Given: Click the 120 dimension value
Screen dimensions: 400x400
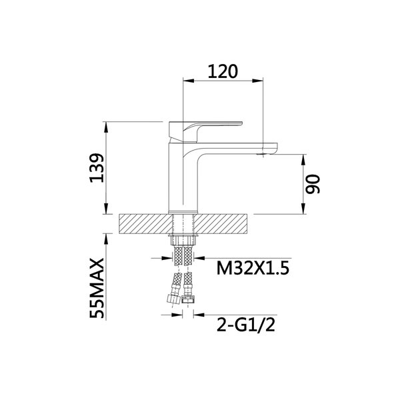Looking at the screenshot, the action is [x=223, y=71].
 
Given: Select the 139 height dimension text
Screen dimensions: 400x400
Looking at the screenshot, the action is [x=97, y=168].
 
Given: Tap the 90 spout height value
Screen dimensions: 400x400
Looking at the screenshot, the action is [x=313, y=184].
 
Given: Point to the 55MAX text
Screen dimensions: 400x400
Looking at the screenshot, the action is [x=97, y=288].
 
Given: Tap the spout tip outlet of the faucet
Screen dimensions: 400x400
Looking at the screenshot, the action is [x=263, y=154].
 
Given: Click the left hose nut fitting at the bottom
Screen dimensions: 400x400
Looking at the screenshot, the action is [x=173, y=299].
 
